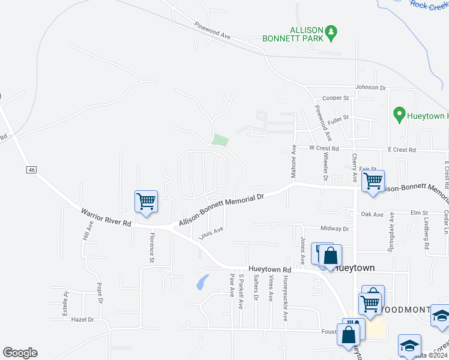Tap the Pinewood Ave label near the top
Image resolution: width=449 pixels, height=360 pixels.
point(212,31)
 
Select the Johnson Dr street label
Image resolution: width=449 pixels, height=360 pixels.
point(370,87)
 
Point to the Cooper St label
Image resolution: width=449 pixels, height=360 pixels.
point(336,98)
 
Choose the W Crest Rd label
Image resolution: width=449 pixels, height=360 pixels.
point(324,148)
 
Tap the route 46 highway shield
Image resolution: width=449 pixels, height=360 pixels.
point(31,170)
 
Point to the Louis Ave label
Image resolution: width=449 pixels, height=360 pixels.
point(211,232)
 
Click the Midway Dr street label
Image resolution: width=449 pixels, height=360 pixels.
point(334,229)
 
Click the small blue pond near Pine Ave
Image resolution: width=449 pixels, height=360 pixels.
point(203,281)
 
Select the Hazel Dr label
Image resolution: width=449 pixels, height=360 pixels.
point(83,320)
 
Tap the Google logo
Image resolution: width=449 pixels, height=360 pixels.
point(20,353)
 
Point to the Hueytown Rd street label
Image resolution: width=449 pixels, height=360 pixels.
point(270,270)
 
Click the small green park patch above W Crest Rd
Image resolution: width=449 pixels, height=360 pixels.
point(220,140)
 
